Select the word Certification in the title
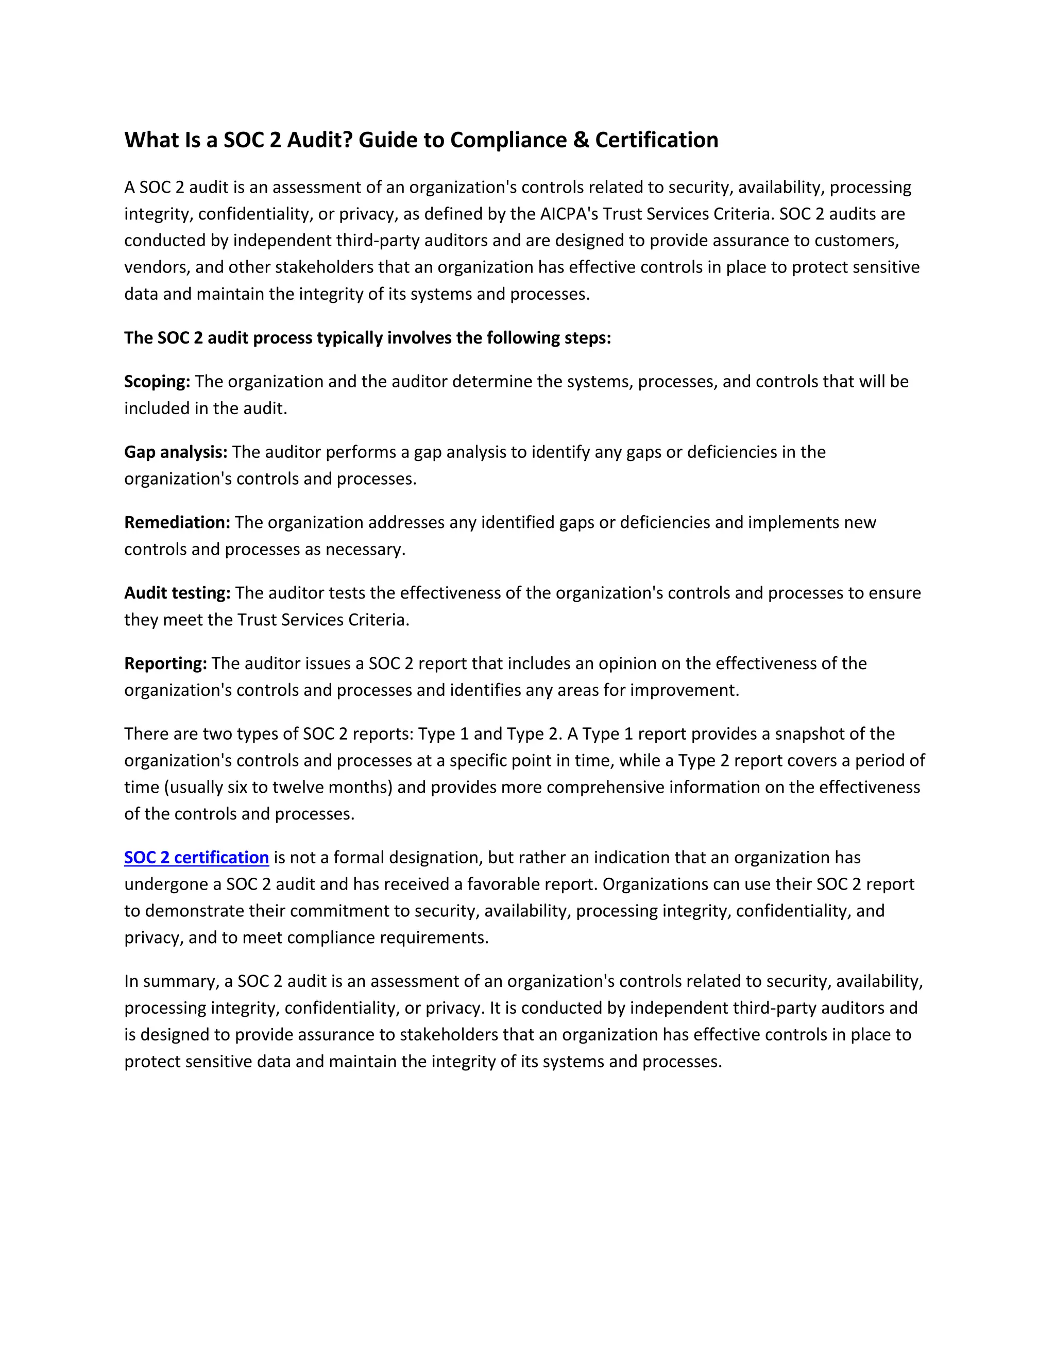[656, 140]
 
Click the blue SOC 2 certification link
[196, 858]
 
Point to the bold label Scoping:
[157, 381]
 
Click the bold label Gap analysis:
[176, 452]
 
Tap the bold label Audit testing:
[178, 592]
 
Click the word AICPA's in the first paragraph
[569, 214]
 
